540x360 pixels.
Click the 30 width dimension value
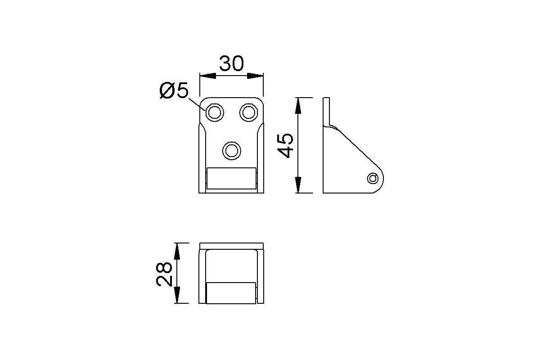pos(231,64)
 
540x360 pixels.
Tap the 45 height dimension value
pos(286,145)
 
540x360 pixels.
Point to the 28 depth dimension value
pos(164,274)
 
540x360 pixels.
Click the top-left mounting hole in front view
pos(214,112)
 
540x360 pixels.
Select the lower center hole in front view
pos(231,150)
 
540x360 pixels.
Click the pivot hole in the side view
pos(373,178)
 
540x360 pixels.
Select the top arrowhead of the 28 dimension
pos(178,250)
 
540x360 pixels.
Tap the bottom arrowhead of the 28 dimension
pos(178,296)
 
